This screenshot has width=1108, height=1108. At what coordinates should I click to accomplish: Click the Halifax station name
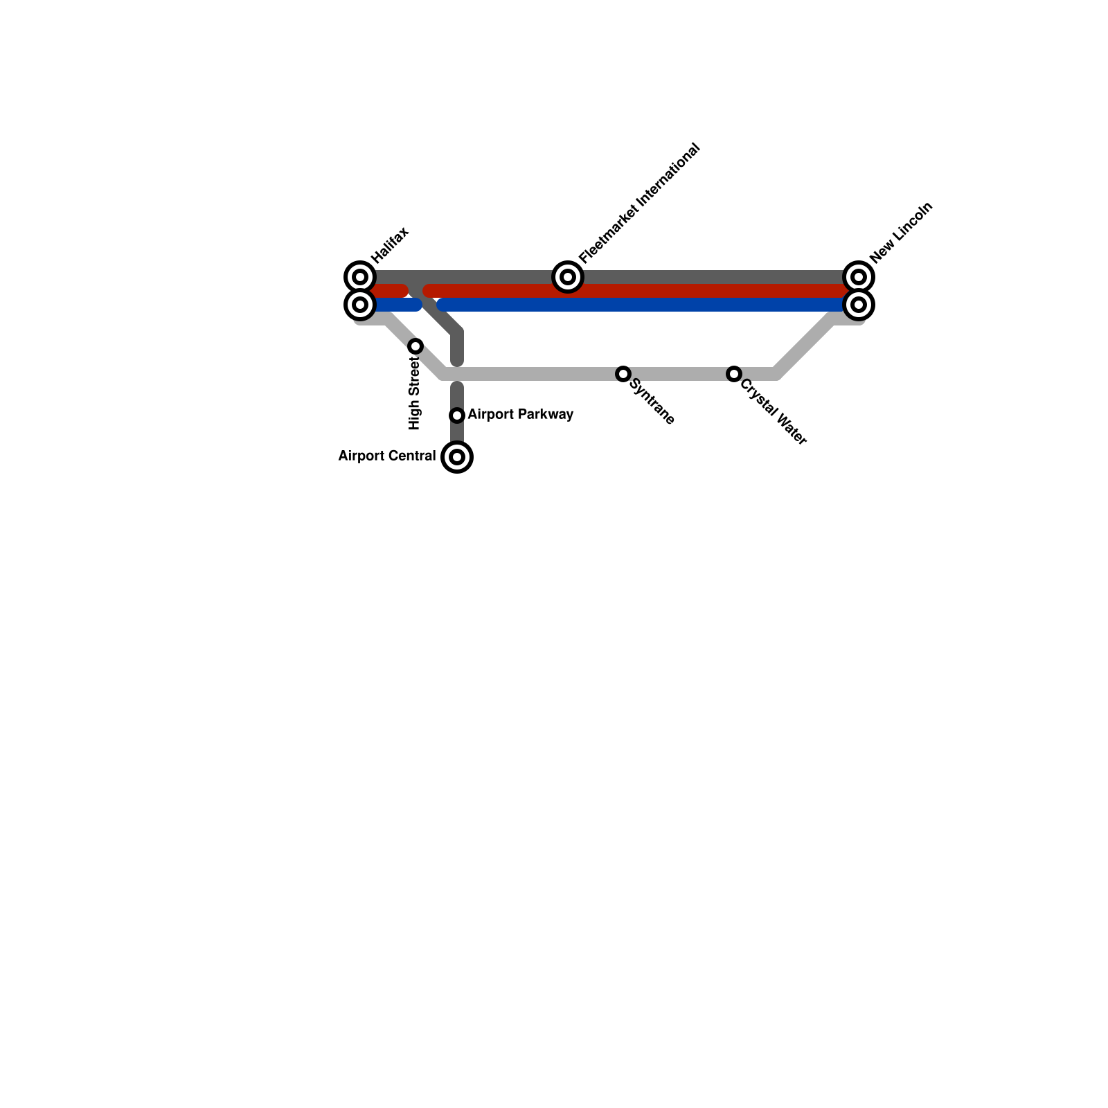(390, 245)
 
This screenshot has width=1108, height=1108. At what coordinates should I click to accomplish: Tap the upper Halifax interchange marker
(359, 277)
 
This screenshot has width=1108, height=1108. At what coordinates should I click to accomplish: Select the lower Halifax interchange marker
(359, 305)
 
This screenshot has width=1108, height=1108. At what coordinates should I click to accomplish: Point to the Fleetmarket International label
(639, 204)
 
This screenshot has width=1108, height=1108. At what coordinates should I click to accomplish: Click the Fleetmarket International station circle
(567, 277)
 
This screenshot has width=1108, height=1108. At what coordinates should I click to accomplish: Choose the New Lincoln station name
(902, 233)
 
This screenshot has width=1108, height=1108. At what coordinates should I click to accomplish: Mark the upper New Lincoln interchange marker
(859, 277)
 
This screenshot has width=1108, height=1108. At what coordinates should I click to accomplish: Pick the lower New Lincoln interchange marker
(859, 305)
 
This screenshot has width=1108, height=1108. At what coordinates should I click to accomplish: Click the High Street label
(415, 393)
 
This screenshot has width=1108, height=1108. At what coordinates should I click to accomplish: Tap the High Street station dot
(415, 346)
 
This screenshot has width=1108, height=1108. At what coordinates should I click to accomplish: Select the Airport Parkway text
(521, 414)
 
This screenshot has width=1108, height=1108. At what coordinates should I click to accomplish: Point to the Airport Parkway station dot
(457, 415)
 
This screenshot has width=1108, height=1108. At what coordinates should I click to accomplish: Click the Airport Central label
(386, 456)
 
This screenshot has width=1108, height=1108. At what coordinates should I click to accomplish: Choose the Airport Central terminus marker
(457, 457)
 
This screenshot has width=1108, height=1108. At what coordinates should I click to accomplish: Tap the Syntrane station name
(652, 404)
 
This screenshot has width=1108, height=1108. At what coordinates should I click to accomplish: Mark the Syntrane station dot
(623, 374)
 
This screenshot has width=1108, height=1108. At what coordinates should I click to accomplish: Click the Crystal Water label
(773, 411)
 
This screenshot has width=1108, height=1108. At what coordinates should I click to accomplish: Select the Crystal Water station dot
(734, 374)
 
